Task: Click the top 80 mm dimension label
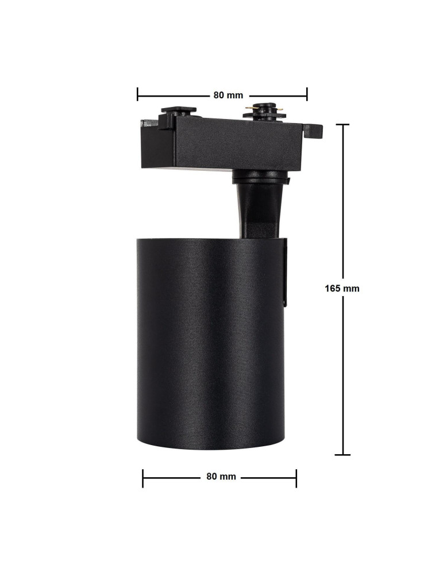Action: pos(228,95)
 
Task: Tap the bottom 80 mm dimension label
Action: pos(221,477)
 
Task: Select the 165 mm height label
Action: pos(342,288)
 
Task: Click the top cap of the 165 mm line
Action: pos(343,124)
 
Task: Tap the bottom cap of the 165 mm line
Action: pos(343,455)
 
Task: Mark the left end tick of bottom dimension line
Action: pos(143,477)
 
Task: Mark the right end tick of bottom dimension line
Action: pos(296,477)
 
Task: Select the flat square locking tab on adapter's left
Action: pos(178,109)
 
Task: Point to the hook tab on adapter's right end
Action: pos(316,131)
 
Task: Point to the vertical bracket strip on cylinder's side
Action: pos(284,273)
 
